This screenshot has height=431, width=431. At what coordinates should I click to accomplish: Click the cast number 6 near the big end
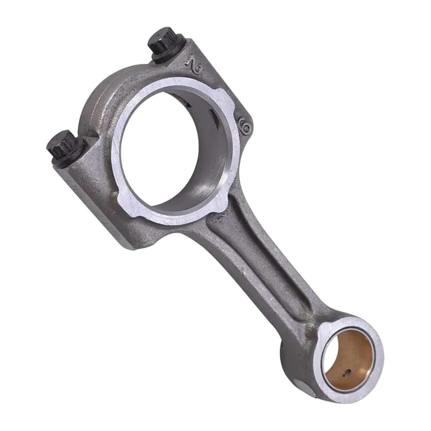coord(246,126)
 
